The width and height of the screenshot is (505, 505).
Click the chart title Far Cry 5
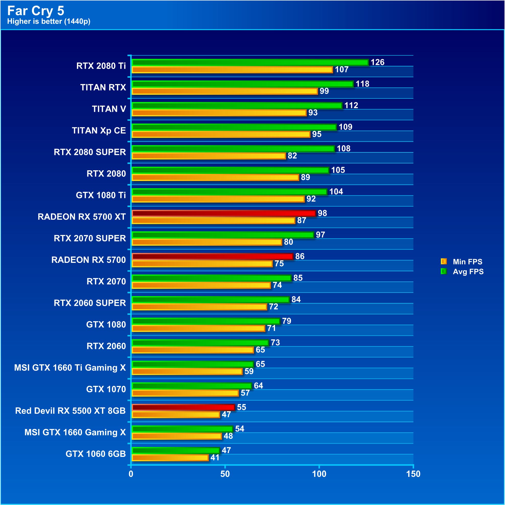(36, 11)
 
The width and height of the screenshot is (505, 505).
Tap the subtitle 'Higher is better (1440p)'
(49, 21)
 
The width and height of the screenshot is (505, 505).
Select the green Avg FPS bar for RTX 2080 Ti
(250, 62)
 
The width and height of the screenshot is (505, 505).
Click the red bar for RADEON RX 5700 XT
(224, 213)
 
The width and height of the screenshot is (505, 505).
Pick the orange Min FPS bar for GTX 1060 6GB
(170, 458)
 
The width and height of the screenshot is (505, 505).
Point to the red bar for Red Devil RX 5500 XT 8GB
(183, 407)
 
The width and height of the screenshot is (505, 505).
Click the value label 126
(377, 62)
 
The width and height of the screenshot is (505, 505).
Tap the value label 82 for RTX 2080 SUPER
(292, 156)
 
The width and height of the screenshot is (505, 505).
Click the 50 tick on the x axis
(225, 474)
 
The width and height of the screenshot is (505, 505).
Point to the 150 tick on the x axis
(413, 474)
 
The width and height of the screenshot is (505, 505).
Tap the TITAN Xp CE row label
(99, 130)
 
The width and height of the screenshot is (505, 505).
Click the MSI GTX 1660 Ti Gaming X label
(70, 368)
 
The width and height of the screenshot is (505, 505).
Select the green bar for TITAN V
(237, 105)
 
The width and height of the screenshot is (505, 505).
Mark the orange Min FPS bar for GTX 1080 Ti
(218, 199)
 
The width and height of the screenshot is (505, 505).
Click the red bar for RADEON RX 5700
(212, 256)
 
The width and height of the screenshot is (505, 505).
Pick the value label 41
(215, 458)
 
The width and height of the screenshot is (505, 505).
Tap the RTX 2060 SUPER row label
(90, 303)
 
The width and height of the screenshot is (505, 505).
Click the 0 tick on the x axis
(131, 474)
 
